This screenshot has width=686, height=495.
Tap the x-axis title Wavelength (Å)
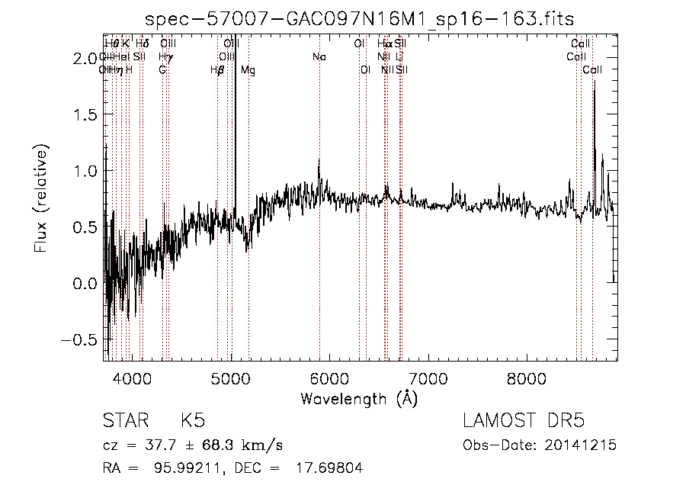[359, 398]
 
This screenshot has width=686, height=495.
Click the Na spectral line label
[319, 56]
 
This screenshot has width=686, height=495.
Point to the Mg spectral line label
[248, 70]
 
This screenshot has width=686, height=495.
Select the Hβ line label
[217, 70]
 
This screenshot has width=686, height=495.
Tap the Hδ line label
[142, 43]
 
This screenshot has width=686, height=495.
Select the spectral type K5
[192, 421]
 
